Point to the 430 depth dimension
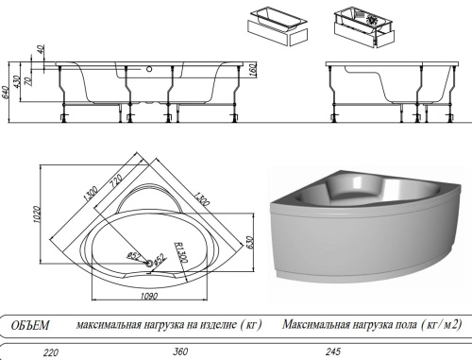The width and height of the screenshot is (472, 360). coord(17,81)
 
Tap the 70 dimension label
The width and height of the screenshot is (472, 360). coord(29,81)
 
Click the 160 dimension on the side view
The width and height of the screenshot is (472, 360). coord(254,70)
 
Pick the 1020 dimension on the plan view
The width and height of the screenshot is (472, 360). coord(37,214)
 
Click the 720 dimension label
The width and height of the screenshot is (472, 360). coord(116,180)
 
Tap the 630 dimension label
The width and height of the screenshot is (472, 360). coord(249,242)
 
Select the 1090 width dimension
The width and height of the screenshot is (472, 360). coord(149,296)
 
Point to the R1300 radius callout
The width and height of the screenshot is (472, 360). coord(181,252)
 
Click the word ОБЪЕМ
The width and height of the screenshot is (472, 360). coord(30,325)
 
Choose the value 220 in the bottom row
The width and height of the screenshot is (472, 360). coord(51,352)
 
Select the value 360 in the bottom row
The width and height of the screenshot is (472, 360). coord(180,351)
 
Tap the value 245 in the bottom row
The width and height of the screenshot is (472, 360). coord(332,351)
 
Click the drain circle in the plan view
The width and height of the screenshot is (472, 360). coord(149,262)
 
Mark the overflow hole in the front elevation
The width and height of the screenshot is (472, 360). coord(149,69)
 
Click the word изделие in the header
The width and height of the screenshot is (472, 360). coord(218,325)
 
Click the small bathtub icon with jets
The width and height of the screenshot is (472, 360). coord(364,27)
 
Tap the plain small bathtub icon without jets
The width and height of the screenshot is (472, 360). coord(278,26)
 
